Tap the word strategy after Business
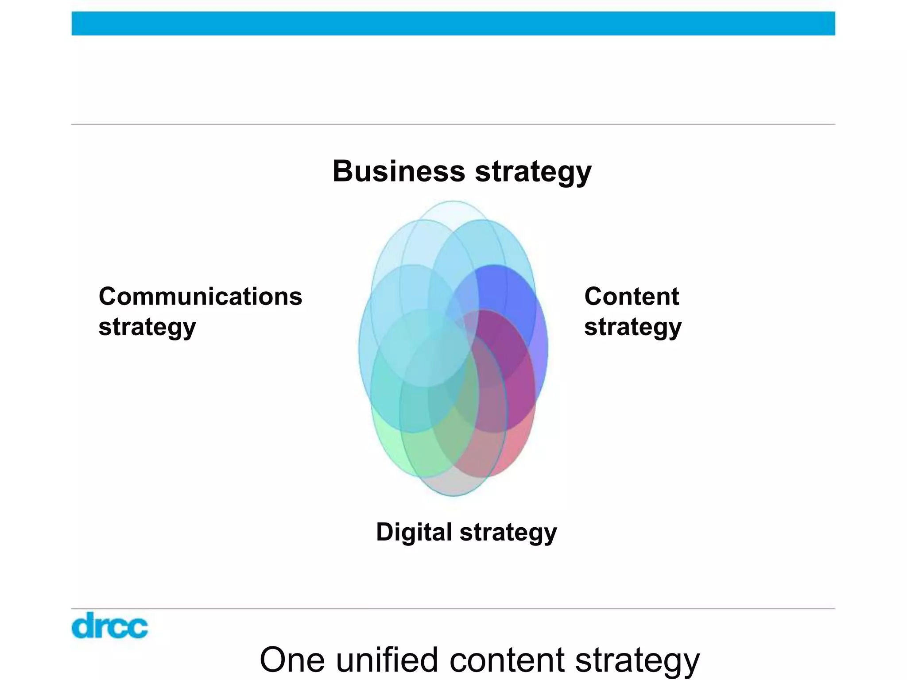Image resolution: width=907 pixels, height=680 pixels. click(533, 172)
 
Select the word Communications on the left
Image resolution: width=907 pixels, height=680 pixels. click(200, 296)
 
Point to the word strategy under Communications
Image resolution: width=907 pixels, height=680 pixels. click(147, 327)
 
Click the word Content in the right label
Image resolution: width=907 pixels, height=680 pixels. click(632, 296)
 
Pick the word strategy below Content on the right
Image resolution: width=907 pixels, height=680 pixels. click(633, 327)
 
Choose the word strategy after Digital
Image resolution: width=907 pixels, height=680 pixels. click(508, 533)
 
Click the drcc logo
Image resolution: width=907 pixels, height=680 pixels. click(109, 625)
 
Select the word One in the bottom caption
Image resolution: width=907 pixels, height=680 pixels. click(292, 660)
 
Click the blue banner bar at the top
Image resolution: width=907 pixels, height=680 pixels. click(453, 23)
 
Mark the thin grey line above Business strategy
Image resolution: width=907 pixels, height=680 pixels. click(453, 124)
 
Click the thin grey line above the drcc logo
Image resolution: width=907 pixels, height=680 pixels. click(453, 609)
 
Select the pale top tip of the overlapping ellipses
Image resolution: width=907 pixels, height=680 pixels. click(453, 210)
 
